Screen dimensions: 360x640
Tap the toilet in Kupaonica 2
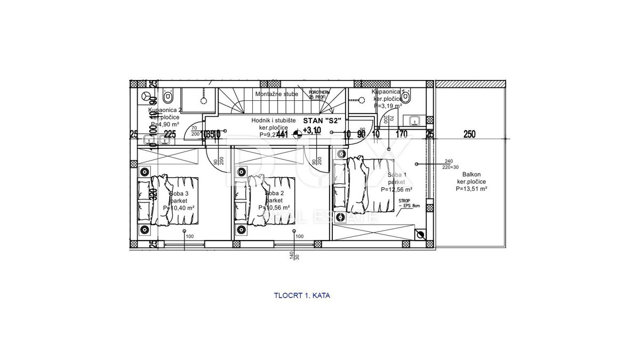click(x=168, y=97)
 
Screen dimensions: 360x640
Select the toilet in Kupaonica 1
click(x=406, y=97)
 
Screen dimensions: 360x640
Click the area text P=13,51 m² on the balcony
click(x=471, y=188)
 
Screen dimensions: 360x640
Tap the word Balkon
click(x=471, y=174)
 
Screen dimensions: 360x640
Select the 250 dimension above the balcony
click(x=469, y=134)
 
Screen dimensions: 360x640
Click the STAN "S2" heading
click(x=322, y=121)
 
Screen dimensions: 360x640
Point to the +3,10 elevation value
click(x=312, y=130)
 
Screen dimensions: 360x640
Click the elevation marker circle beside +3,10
click(x=298, y=134)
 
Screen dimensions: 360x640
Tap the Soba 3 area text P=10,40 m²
click(x=179, y=207)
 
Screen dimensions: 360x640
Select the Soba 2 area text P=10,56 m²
click(x=274, y=207)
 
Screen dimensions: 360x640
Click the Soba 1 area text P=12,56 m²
click(x=396, y=189)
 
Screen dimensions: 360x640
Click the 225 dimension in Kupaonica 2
click(x=170, y=134)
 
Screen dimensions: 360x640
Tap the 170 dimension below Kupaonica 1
click(x=402, y=134)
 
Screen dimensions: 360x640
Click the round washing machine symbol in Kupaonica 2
click(x=147, y=96)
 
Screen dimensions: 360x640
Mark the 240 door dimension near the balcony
click(x=448, y=161)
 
